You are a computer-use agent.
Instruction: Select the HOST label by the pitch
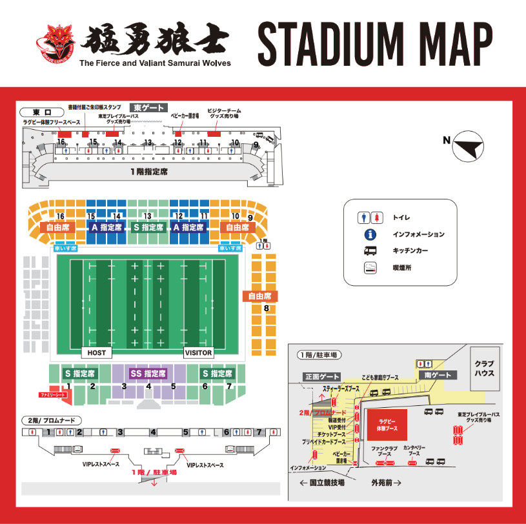pos(96,353)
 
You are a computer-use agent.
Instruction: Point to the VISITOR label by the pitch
pos(199,353)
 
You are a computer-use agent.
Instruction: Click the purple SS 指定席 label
pos(148,374)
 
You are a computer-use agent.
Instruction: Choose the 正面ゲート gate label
pos(321,376)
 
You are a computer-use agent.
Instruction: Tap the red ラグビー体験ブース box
pos(388,423)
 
